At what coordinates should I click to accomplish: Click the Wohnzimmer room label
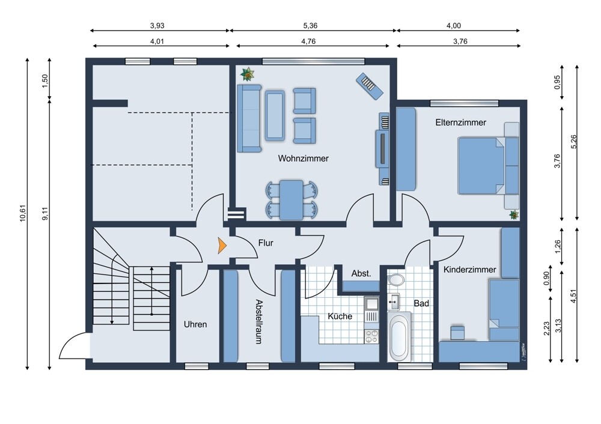303,158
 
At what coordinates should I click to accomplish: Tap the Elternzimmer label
460,123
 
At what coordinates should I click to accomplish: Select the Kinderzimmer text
469,269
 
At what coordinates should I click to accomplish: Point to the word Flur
266,243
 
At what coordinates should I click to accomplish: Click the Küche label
340,316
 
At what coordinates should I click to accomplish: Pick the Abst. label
361,273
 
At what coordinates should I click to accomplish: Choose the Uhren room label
195,324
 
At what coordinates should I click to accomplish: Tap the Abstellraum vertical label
260,322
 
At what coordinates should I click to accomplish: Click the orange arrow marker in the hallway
222,245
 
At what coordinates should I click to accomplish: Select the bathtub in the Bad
399,337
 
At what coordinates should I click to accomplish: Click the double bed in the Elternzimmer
488,166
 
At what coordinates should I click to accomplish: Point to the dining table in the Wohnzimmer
291,200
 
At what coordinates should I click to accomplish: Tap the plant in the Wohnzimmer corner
247,74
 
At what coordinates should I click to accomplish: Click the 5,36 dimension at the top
310,26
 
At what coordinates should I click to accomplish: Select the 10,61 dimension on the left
23,213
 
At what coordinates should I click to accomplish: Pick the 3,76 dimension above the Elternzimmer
460,41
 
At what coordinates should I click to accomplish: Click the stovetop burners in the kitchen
371,336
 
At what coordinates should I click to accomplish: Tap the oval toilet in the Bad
395,280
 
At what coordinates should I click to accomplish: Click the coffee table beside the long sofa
275,115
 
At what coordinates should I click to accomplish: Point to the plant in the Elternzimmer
514,215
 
